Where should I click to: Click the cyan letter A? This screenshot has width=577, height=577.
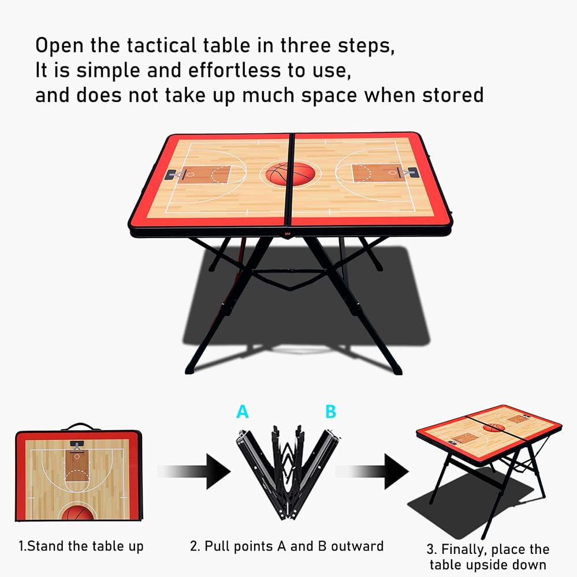[x=242, y=411]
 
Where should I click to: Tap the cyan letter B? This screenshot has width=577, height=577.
[x=331, y=411]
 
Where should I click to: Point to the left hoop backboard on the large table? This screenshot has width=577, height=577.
[x=171, y=174]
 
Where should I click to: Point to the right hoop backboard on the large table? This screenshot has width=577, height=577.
[x=412, y=172]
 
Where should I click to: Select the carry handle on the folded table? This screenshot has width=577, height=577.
[x=80, y=426]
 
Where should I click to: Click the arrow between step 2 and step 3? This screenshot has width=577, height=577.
[x=372, y=471]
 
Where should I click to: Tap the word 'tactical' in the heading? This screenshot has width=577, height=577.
[x=162, y=46]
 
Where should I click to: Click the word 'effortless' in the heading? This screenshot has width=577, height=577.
[x=234, y=70]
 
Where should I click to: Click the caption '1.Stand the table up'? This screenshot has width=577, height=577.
[x=81, y=546]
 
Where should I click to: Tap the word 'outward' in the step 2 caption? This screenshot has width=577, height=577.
[x=357, y=546]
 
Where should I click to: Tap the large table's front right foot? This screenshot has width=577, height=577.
[x=397, y=370]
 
